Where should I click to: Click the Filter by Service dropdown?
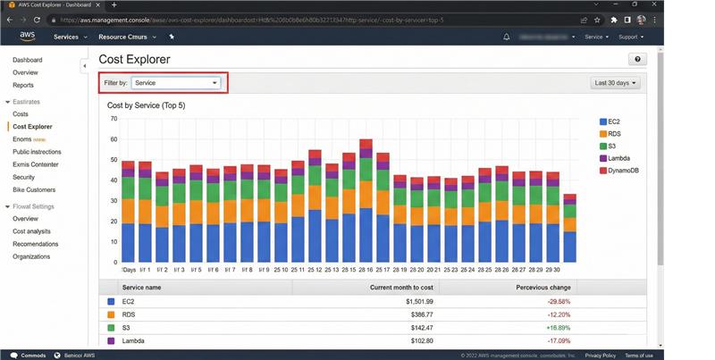176,83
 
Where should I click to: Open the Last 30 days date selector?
617,83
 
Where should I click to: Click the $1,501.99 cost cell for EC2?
415,301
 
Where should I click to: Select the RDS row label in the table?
129,314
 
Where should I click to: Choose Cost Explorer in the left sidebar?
32,127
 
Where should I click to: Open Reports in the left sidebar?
23,85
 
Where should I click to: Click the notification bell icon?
507,37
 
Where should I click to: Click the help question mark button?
638,59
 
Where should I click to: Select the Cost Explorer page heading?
135,59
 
